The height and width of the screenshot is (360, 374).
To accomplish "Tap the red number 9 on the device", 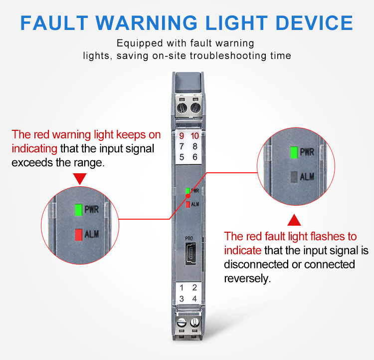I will click(x=182, y=136).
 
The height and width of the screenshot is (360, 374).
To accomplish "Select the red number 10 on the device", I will click(x=194, y=136).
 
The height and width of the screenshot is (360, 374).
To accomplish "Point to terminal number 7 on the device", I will click(x=182, y=146).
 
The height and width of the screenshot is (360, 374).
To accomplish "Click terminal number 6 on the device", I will click(x=194, y=157).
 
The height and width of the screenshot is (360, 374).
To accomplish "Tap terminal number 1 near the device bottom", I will click(x=182, y=288).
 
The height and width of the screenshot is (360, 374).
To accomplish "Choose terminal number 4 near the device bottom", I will click(x=194, y=299).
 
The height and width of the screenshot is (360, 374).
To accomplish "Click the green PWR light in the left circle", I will click(x=78, y=210).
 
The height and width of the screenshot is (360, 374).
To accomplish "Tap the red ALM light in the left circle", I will click(x=78, y=234).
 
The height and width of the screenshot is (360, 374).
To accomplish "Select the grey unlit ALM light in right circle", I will click(x=294, y=176).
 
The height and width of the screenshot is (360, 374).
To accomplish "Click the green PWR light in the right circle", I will click(x=294, y=152).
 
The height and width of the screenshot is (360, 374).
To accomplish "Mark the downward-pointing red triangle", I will click(x=80, y=178).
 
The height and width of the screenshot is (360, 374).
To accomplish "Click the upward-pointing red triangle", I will click(x=295, y=220).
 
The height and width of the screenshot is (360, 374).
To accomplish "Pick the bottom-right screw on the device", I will click(x=194, y=323).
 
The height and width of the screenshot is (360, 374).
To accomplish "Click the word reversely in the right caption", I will click(x=247, y=279).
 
